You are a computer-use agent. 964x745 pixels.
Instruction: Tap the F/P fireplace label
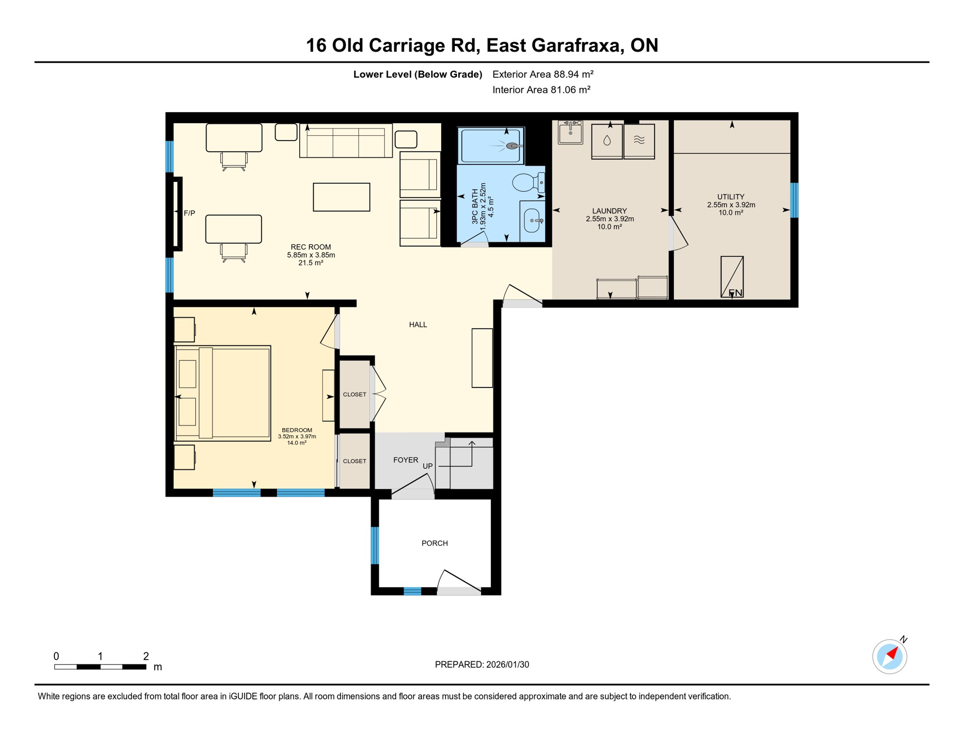point(190,213)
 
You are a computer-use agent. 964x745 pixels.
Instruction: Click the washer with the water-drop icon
point(607,141)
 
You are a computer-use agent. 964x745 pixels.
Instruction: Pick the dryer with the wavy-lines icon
point(639,141)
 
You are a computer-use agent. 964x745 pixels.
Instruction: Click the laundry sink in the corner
point(570,132)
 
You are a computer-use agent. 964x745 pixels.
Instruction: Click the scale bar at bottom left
point(100,667)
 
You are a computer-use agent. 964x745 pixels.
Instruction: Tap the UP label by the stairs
point(427,466)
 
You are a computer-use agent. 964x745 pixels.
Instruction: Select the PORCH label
point(434,543)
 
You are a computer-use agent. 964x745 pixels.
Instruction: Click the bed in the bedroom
point(223,393)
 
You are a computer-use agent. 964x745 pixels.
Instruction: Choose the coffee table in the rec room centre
point(341,197)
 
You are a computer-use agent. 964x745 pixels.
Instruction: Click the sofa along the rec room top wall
point(346,141)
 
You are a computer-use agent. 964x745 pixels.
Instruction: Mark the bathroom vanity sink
point(532,221)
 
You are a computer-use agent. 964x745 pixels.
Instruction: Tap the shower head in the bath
point(512,146)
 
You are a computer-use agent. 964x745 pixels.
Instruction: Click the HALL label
point(418,324)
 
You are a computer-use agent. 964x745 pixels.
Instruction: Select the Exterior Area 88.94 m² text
point(543,74)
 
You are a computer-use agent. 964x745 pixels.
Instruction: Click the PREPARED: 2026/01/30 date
point(482,664)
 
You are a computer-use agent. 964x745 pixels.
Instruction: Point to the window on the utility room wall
point(794,200)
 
